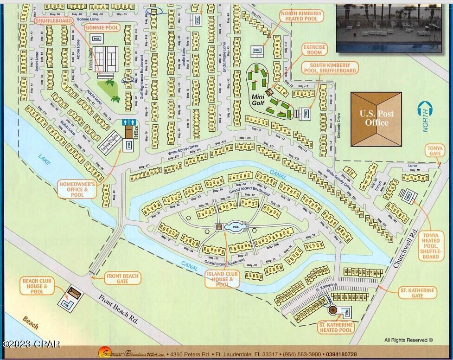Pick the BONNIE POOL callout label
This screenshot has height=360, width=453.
point(102,28)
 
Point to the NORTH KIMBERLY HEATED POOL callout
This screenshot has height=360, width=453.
point(301,16)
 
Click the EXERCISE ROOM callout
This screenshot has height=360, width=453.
point(314,50)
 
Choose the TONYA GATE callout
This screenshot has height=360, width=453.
point(434,151)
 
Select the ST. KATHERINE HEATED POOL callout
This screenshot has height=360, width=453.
point(335,328)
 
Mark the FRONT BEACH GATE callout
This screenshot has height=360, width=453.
point(122,279)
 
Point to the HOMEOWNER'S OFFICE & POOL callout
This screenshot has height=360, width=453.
point(77,189)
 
